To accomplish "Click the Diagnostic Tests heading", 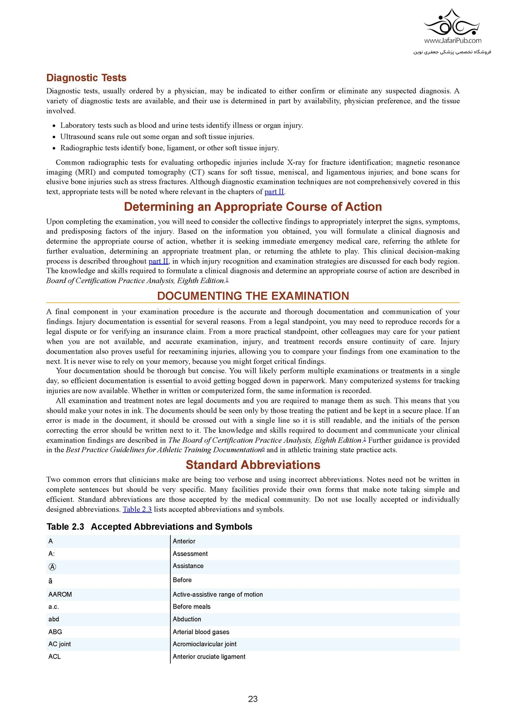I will [x=86, y=78].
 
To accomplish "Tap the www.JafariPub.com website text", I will [x=452, y=40].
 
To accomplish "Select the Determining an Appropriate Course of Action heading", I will [x=253, y=207].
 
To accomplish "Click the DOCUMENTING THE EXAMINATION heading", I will [x=253, y=296].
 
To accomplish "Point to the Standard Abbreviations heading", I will [x=253, y=465].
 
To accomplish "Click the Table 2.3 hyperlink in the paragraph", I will [x=137, y=509].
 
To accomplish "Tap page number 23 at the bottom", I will [x=253, y=699].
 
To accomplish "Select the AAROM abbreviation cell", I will [x=60, y=594].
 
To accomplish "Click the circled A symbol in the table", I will [x=52, y=567].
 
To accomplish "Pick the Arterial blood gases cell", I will [x=201, y=632].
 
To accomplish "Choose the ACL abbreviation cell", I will [x=55, y=656].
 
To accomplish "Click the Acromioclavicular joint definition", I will [x=205, y=644].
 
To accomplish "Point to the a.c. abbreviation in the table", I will [x=54, y=607].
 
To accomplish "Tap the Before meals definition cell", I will [x=191, y=607].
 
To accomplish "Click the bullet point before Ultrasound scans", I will [x=54, y=137].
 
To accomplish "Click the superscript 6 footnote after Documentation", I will [x=263, y=448].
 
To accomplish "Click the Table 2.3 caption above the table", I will [x=149, y=527].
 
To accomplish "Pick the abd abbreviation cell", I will [x=54, y=619].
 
